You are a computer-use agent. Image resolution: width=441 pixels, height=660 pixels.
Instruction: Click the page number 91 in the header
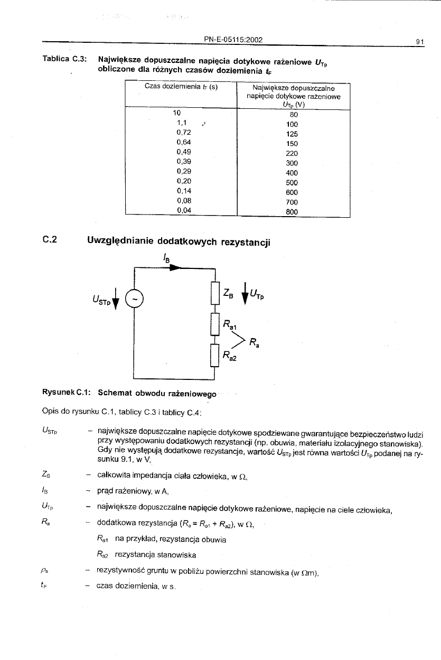[x=420, y=40]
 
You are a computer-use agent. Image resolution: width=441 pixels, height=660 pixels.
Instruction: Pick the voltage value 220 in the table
[x=292, y=153]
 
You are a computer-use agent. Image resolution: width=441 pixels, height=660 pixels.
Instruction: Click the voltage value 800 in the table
[x=292, y=211]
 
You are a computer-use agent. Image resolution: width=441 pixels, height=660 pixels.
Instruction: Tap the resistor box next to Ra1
[x=214, y=324]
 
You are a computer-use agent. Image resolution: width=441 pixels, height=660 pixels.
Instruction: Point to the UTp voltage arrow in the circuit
[x=244, y=294]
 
